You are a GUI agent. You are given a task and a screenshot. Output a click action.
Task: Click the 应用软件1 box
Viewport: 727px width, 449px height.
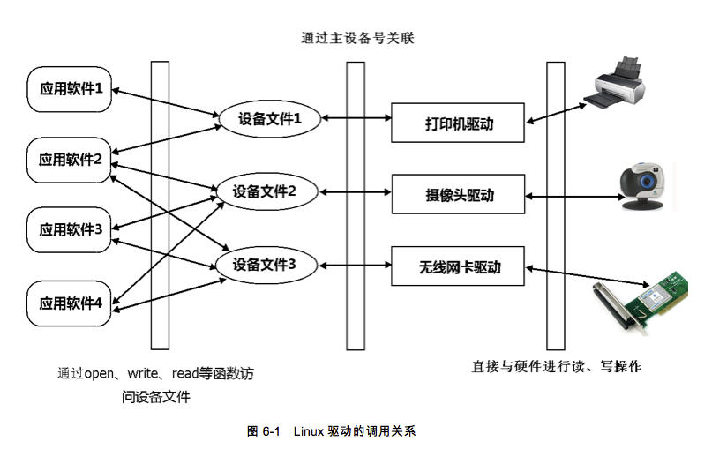point(71,88)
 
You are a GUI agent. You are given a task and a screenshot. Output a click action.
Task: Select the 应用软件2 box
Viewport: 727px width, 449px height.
point(71,160)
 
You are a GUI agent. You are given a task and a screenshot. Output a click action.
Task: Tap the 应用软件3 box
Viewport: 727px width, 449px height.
point(71,229)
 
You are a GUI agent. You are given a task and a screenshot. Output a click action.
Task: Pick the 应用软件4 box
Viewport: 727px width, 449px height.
point(71,303)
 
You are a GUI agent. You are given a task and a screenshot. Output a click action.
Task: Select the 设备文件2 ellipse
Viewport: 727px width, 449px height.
point(265,191)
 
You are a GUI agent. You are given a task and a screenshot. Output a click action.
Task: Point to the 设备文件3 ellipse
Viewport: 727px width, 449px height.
point(265,264)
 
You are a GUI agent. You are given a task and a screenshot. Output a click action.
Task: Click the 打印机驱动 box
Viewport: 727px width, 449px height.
point(459,123)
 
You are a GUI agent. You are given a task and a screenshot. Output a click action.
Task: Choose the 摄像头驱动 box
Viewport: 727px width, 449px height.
point(459,194)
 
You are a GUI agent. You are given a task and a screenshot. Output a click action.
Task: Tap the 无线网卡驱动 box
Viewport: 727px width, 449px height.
point(459,266)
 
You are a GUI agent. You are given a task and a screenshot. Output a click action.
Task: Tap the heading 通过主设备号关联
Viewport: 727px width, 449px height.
point(357,38)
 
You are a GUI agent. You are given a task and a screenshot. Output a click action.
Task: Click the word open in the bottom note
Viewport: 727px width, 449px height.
point(100,373)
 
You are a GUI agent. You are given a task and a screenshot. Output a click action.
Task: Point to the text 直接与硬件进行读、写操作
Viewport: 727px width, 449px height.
point(556,365)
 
